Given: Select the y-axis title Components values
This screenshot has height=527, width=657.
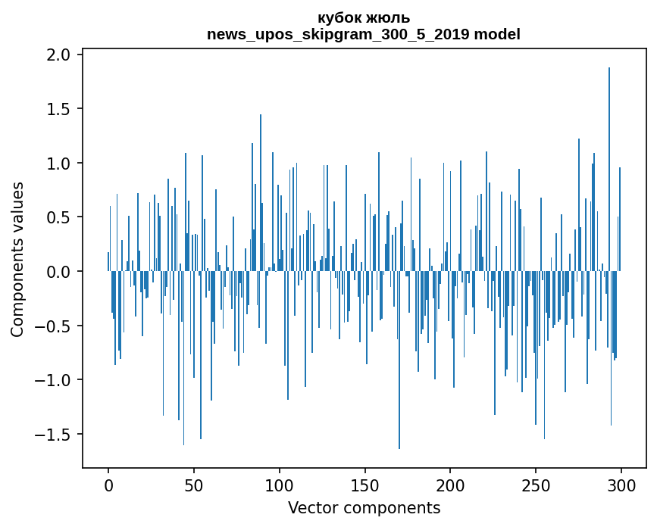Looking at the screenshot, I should coord(17,259).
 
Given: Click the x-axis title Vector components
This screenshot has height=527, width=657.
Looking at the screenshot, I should coord(364,507).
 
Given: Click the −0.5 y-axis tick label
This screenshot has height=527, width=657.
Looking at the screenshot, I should coord(55,326).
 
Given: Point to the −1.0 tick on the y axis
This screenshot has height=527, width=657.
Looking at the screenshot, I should coord(55,380).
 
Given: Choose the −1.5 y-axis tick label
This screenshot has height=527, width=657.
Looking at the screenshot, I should coord(55,435).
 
